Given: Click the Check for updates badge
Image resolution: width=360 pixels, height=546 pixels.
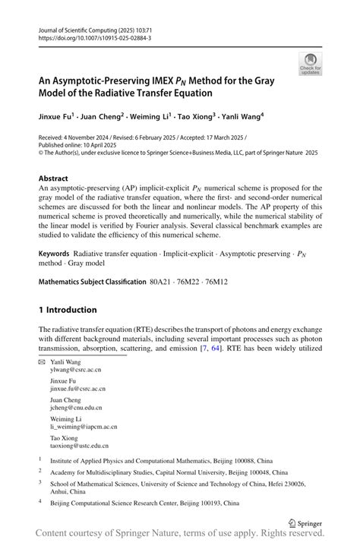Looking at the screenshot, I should click(x=309, y=63).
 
